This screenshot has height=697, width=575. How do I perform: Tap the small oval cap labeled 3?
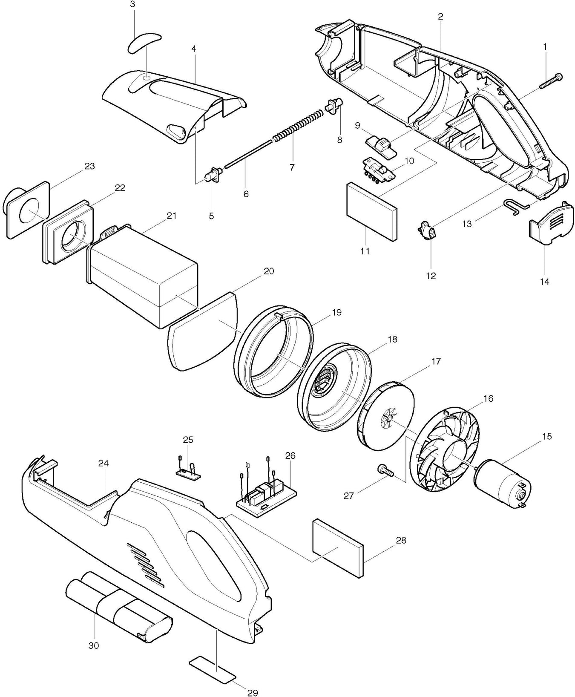coord(143,42)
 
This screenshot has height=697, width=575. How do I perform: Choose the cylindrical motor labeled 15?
coord(503,483)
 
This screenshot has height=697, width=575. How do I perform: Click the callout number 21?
coord(171,216)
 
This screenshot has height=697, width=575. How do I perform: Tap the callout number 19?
coord(336,312)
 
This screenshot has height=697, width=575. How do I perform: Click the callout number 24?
coord(104,463)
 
